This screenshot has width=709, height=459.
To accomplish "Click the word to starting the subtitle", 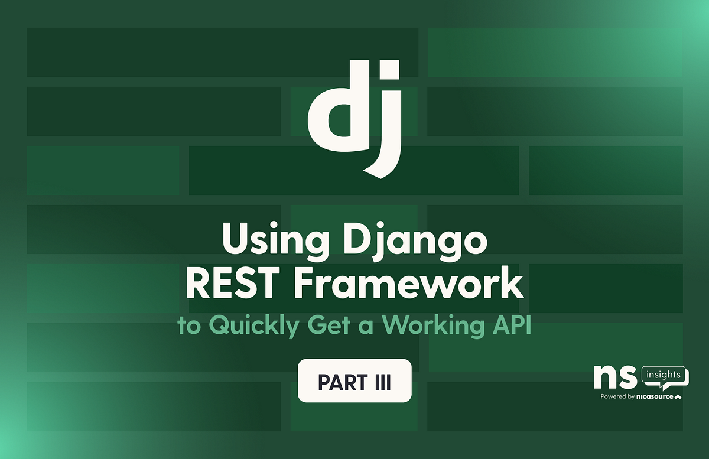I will click(189, 326).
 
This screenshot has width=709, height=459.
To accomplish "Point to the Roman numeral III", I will click(382, 382).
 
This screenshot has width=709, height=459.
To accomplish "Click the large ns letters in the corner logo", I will click(615, 377).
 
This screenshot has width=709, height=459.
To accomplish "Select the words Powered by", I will click(618, 396).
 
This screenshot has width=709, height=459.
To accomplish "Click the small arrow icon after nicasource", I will click(678, 396).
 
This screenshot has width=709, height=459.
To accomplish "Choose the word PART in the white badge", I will click(341, 382).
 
